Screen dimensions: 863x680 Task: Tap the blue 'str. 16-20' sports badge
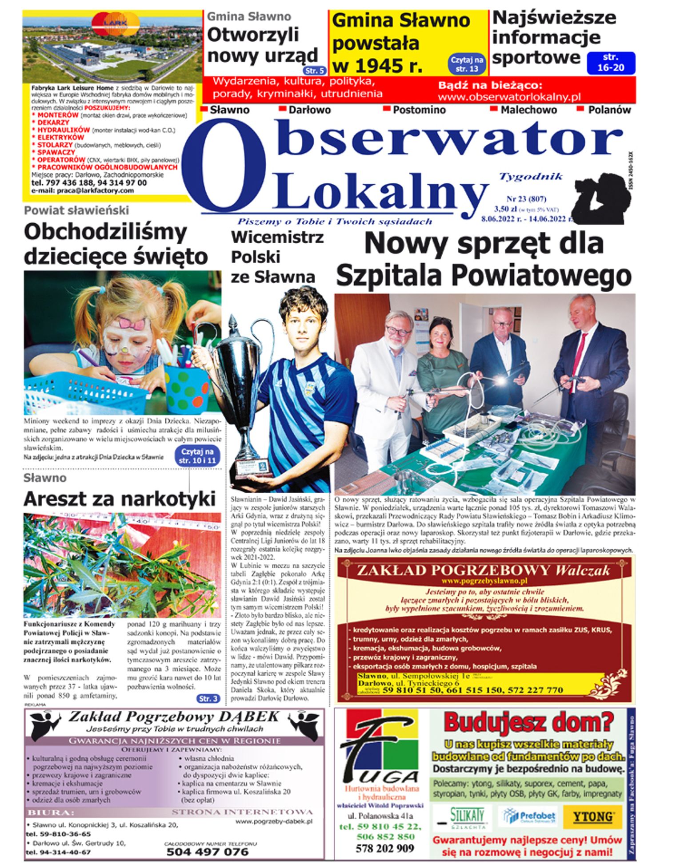click(611, 63)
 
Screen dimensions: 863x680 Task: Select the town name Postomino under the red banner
click(419, 110)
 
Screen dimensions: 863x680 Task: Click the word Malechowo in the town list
click(528, 110)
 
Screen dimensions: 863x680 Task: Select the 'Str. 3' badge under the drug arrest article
click(208, 698)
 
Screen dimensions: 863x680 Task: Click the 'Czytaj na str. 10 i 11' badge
click(197, 456)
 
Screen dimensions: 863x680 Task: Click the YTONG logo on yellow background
click(592, 816)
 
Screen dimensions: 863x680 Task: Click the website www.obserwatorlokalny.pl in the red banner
click(509, 97)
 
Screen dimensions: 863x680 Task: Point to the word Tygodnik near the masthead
click(531, 177)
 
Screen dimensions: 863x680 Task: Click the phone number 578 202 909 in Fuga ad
click(384, 848)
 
